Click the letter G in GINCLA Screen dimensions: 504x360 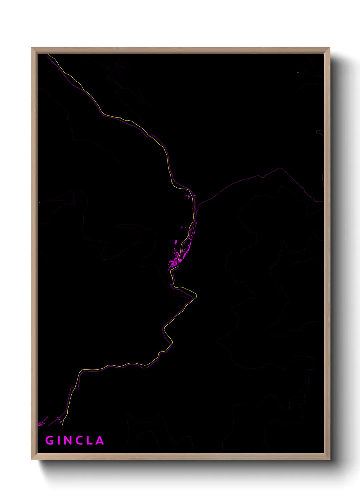tap(49, 440)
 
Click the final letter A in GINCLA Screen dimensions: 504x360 tap(100, 440)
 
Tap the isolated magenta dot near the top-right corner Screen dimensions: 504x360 tap(298, 72)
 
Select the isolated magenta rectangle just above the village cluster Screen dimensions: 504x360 tap(176, 242)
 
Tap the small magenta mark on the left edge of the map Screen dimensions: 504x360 tap(40, 202)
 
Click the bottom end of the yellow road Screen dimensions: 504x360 tap(62, 425)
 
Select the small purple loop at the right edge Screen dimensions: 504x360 tap(320, 132)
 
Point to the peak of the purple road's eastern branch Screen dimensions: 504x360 tap(280, 168)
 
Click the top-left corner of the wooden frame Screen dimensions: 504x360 tap(32, 48)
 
